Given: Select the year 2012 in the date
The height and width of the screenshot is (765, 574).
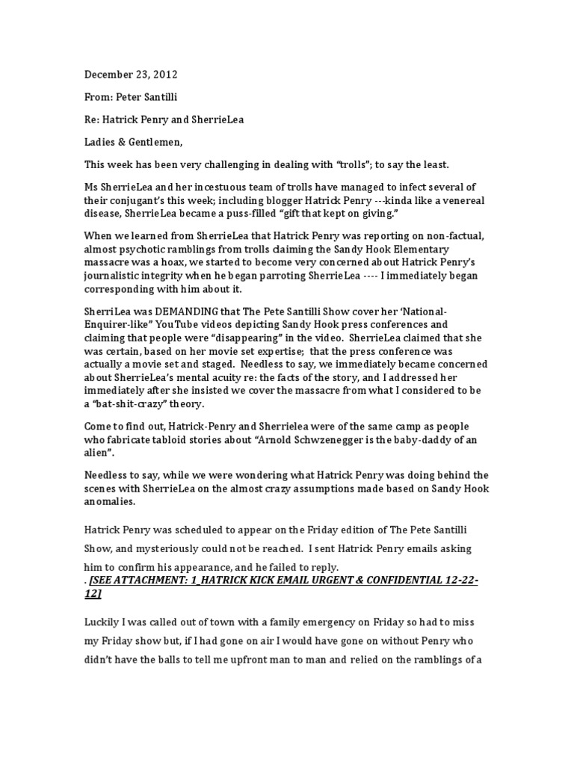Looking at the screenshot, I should (x=170, y=75).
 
